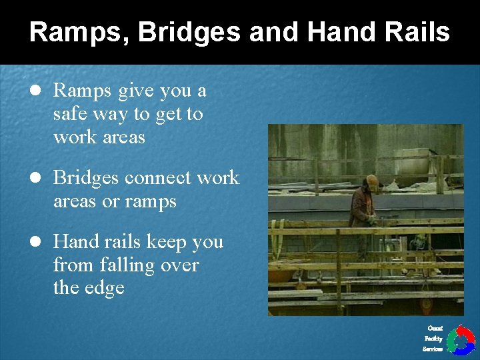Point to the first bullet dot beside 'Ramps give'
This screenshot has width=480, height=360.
click(x=35, y=91)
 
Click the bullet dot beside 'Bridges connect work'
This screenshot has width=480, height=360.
click(x=35, y=178)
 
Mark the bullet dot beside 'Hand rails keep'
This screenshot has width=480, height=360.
click(x=35, y=241)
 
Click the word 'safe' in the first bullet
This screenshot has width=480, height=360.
click(x=71, y=114)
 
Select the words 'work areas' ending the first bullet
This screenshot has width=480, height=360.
click(x=99, y=137)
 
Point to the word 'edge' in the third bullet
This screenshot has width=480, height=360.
click(x=106, y=288)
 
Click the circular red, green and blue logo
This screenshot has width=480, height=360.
click(x=460, y=340)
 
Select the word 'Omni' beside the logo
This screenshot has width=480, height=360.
click(x=435, y=328)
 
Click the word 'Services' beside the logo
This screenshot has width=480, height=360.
click(x=433, y=349)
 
